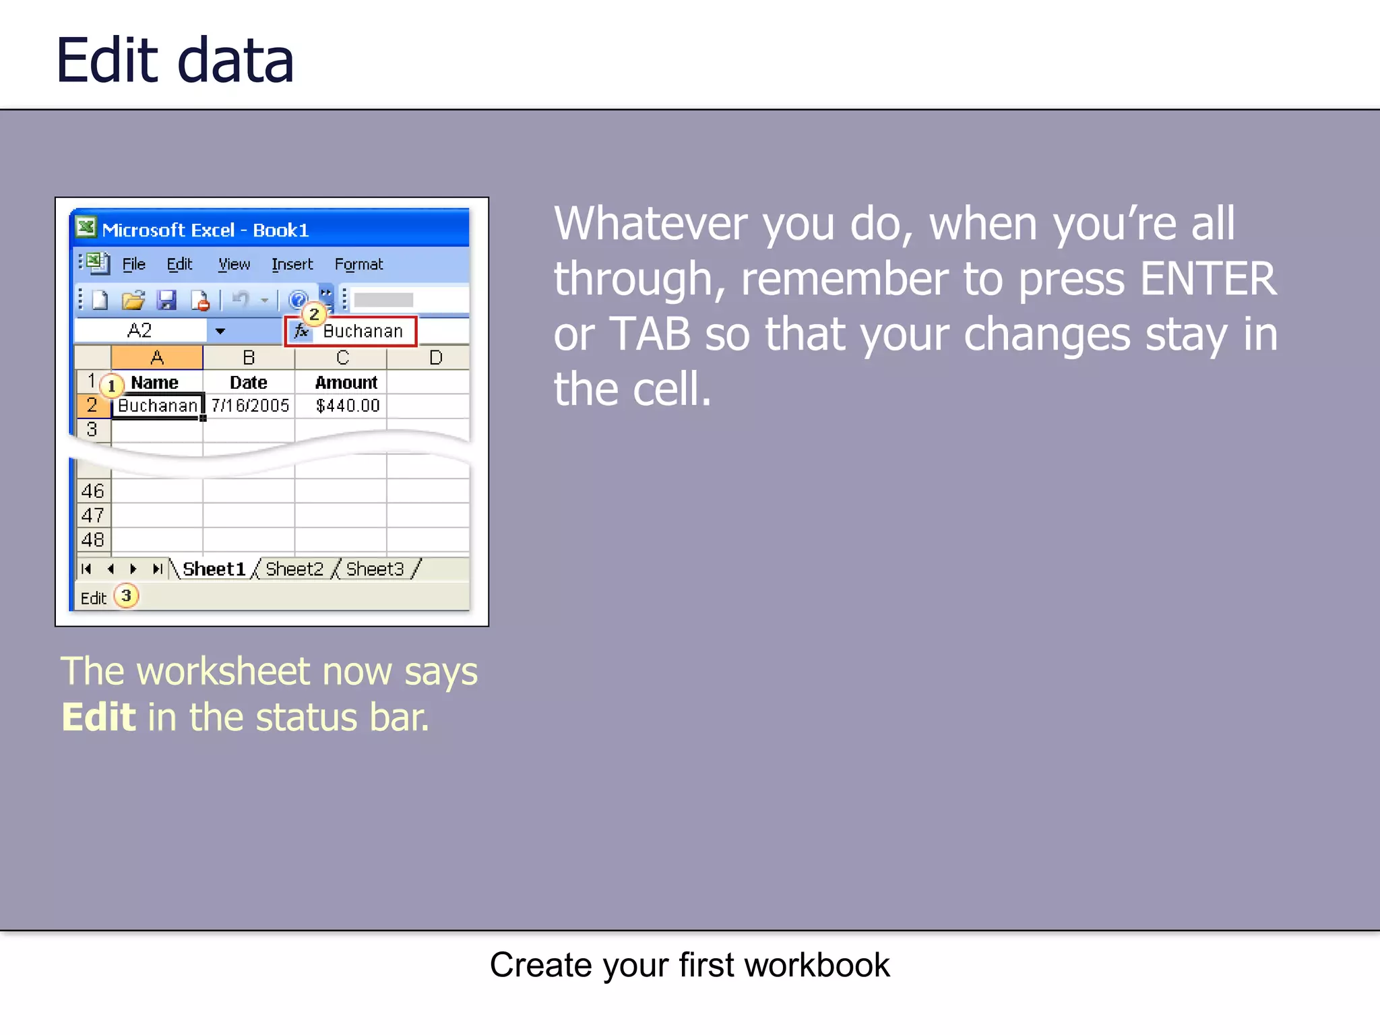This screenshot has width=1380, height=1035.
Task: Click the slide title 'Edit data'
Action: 175,61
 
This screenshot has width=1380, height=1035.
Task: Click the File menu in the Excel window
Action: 133,264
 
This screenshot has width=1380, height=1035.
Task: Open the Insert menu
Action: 292,264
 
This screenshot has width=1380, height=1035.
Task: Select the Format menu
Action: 358,264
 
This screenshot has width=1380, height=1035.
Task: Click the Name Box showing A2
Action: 140,331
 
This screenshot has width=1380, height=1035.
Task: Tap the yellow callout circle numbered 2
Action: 314,314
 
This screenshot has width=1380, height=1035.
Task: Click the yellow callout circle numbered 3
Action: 126,596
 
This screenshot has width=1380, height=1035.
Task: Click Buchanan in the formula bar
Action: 363,332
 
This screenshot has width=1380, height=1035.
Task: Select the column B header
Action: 248,358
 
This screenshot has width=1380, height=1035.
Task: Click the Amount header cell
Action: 346,383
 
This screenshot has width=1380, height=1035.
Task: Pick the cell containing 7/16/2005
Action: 249,406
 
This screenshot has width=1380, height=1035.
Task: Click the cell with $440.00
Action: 347,406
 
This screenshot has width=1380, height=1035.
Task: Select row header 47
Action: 92,515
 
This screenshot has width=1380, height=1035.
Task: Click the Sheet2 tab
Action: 294,569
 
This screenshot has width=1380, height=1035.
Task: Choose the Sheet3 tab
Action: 375,569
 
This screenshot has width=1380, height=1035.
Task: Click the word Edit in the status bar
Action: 93,598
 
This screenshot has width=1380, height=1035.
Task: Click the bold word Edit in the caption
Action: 98,717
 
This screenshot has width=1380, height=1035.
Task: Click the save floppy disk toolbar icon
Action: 166,300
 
